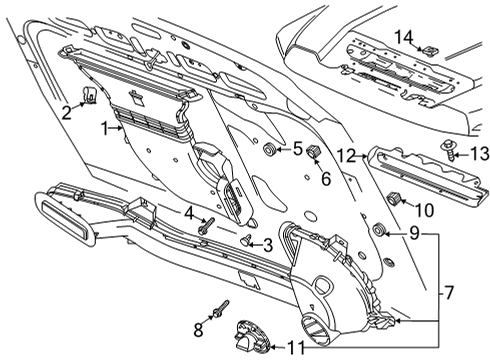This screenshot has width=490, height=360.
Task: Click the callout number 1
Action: click(x=104, y=128)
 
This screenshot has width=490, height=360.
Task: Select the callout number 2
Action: click(x=67, y=113)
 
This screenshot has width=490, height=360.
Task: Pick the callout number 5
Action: click(x=297, y=150)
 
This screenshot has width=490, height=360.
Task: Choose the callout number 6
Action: click(x=325, y=179)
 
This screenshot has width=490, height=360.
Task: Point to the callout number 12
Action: click(x=346, y=155)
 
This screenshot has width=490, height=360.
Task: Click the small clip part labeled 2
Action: click(x=89, y=96)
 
